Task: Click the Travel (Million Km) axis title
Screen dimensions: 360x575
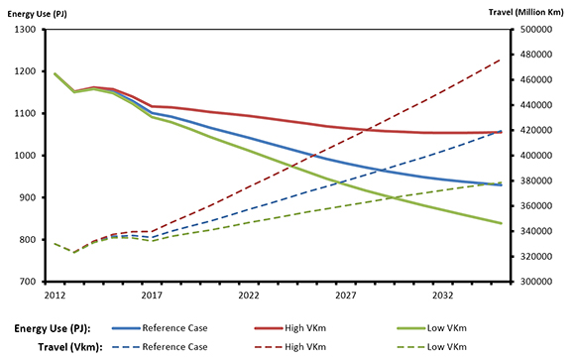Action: pos(529,11)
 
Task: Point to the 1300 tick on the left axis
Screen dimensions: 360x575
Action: pos(23,30)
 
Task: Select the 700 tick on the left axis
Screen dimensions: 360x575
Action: pos(26,282)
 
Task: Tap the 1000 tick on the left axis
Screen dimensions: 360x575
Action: pos(23,156)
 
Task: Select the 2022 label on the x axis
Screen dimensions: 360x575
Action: pos(248,296)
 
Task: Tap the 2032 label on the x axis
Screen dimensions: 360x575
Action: pos(443,296)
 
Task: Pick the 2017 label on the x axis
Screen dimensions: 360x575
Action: pos(151,296)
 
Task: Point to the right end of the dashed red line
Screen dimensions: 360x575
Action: pos(501,60)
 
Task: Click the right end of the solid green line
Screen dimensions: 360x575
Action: pos(501,223)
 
